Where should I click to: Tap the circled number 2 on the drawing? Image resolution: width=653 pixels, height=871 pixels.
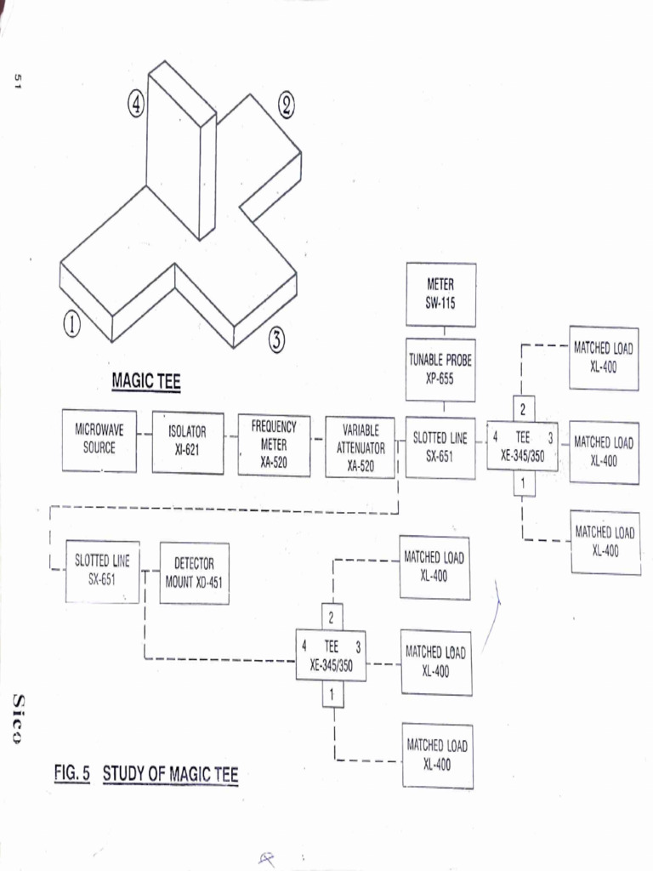[x=286, y=105]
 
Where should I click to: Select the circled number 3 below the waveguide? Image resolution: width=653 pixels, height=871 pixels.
[x=276, y=341]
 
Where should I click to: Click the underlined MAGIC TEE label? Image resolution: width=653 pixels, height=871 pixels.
[x=145, y=382]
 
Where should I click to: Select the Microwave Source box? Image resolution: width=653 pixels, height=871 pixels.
[x=99, y=440]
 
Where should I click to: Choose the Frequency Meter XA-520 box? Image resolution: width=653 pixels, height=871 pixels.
[x=274, y=445]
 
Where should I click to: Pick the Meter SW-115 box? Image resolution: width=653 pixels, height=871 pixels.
[x=440, y=294]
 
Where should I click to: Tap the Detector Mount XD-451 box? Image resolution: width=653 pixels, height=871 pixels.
[x=194, y=572]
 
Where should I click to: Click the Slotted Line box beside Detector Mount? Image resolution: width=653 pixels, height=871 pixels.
[x=102, y=571]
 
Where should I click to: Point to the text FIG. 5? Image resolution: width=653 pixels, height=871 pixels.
[x=72, y=774]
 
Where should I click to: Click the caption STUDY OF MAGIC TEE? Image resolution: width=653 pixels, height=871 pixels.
[x=170, y=775]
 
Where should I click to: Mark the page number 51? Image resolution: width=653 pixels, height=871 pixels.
[x=16, y=81]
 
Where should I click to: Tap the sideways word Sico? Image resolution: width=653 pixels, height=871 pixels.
[x=18, y=717]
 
